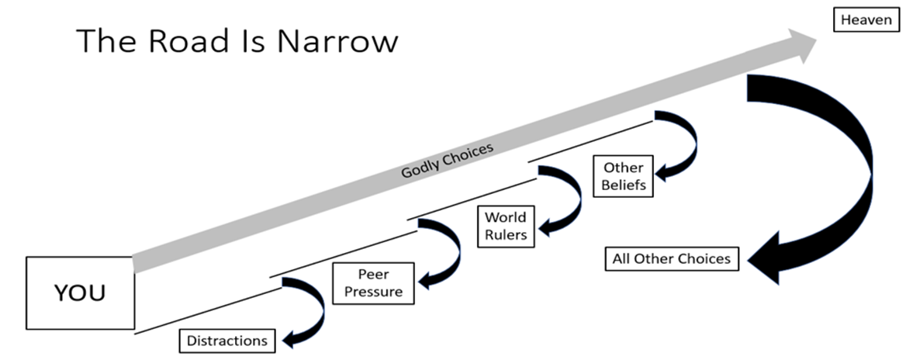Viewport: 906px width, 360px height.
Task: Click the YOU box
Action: click(x=80, y=292)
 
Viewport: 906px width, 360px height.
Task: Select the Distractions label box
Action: click(x=226, y=340)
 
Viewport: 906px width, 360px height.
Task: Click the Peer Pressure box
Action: click(x=373, y=283)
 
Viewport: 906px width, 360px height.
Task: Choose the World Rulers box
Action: click(x=506, y=226)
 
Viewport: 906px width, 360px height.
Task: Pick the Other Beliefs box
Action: click(x=623, y=176)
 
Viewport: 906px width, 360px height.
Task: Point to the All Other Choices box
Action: click(x=672, y=258)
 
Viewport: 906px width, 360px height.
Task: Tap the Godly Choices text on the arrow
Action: click(x=447, y=160)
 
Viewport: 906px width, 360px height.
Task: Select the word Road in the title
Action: click(x=194, y=40)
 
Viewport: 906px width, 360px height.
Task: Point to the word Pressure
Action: click(x=373, y=292)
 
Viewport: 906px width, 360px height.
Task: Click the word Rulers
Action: click(x=506, y=234)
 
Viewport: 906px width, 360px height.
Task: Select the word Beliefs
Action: click(x=623, y=185)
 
